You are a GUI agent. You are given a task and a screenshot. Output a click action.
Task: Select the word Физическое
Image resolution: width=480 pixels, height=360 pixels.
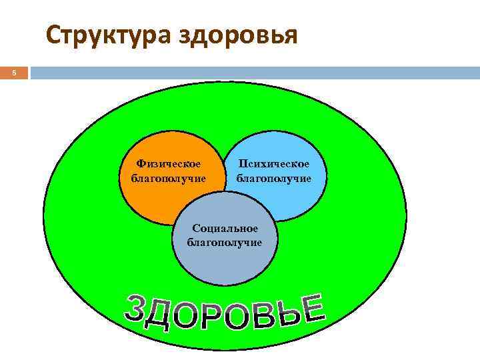168,163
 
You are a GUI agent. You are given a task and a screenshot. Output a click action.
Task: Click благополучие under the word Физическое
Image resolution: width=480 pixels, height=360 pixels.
168,178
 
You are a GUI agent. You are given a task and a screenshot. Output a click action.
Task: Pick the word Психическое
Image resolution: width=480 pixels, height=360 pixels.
273,164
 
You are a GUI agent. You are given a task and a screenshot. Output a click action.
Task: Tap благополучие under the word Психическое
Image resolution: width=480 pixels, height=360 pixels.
273,179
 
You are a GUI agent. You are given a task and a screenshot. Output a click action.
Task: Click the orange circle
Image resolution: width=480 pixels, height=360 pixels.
153,200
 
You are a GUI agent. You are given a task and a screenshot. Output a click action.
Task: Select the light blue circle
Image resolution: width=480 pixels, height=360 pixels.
293,200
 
